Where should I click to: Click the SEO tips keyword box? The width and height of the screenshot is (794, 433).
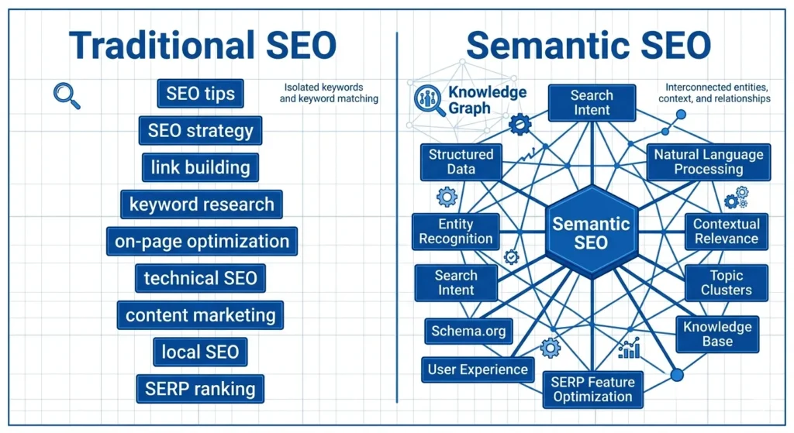[x=200, y=95]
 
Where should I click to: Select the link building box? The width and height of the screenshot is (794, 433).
[x=200, y=167]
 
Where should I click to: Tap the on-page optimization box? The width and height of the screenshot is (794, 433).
[x=202, y=241]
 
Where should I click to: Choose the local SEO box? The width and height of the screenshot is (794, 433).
[x=200, y=352]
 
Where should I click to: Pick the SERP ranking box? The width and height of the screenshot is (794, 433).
[x=199, y=389]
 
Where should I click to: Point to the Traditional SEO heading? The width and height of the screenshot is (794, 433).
[x=203, y=46]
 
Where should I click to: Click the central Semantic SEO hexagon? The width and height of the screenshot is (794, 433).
[x=591, y=232]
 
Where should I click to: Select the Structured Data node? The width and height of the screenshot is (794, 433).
[x=461, y=161]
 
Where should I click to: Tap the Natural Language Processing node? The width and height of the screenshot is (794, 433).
[x=708, y=161]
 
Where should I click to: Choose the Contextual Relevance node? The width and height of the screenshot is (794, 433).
[x=727, y=231]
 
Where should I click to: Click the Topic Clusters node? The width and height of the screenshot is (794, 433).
[x=726, y=283]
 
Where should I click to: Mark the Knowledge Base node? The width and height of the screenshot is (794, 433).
[x=717, y=334]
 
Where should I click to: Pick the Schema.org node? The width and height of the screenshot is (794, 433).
[x=468, y=332]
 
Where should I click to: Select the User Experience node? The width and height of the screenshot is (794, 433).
[x=478, y=369]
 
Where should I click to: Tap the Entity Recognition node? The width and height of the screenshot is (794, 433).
[x=455, y=231]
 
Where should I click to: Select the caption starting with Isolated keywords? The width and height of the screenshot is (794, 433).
[x=329, y=93]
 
